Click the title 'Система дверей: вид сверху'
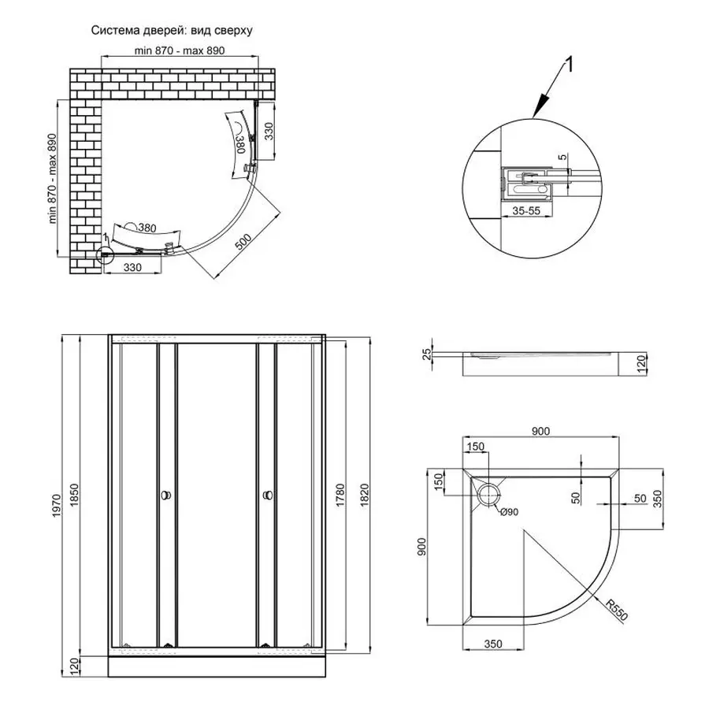(172, 30)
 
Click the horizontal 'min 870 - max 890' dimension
(180, 50)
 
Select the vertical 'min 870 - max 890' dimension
(53, 178)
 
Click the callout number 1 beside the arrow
(570, 65)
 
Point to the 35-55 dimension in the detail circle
(526, 210)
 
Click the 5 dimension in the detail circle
(562, 158)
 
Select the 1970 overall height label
(56, 506)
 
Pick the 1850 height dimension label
(75, 496)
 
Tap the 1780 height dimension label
(340, 496)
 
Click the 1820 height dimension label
(365, 496)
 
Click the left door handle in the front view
(166, 496)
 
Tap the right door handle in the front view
(268, 496)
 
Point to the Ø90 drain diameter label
(509, 512)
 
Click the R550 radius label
(617, 610)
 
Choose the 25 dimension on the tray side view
(427, 354)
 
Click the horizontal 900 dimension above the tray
(540, 431)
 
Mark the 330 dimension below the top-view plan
(132, 267)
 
